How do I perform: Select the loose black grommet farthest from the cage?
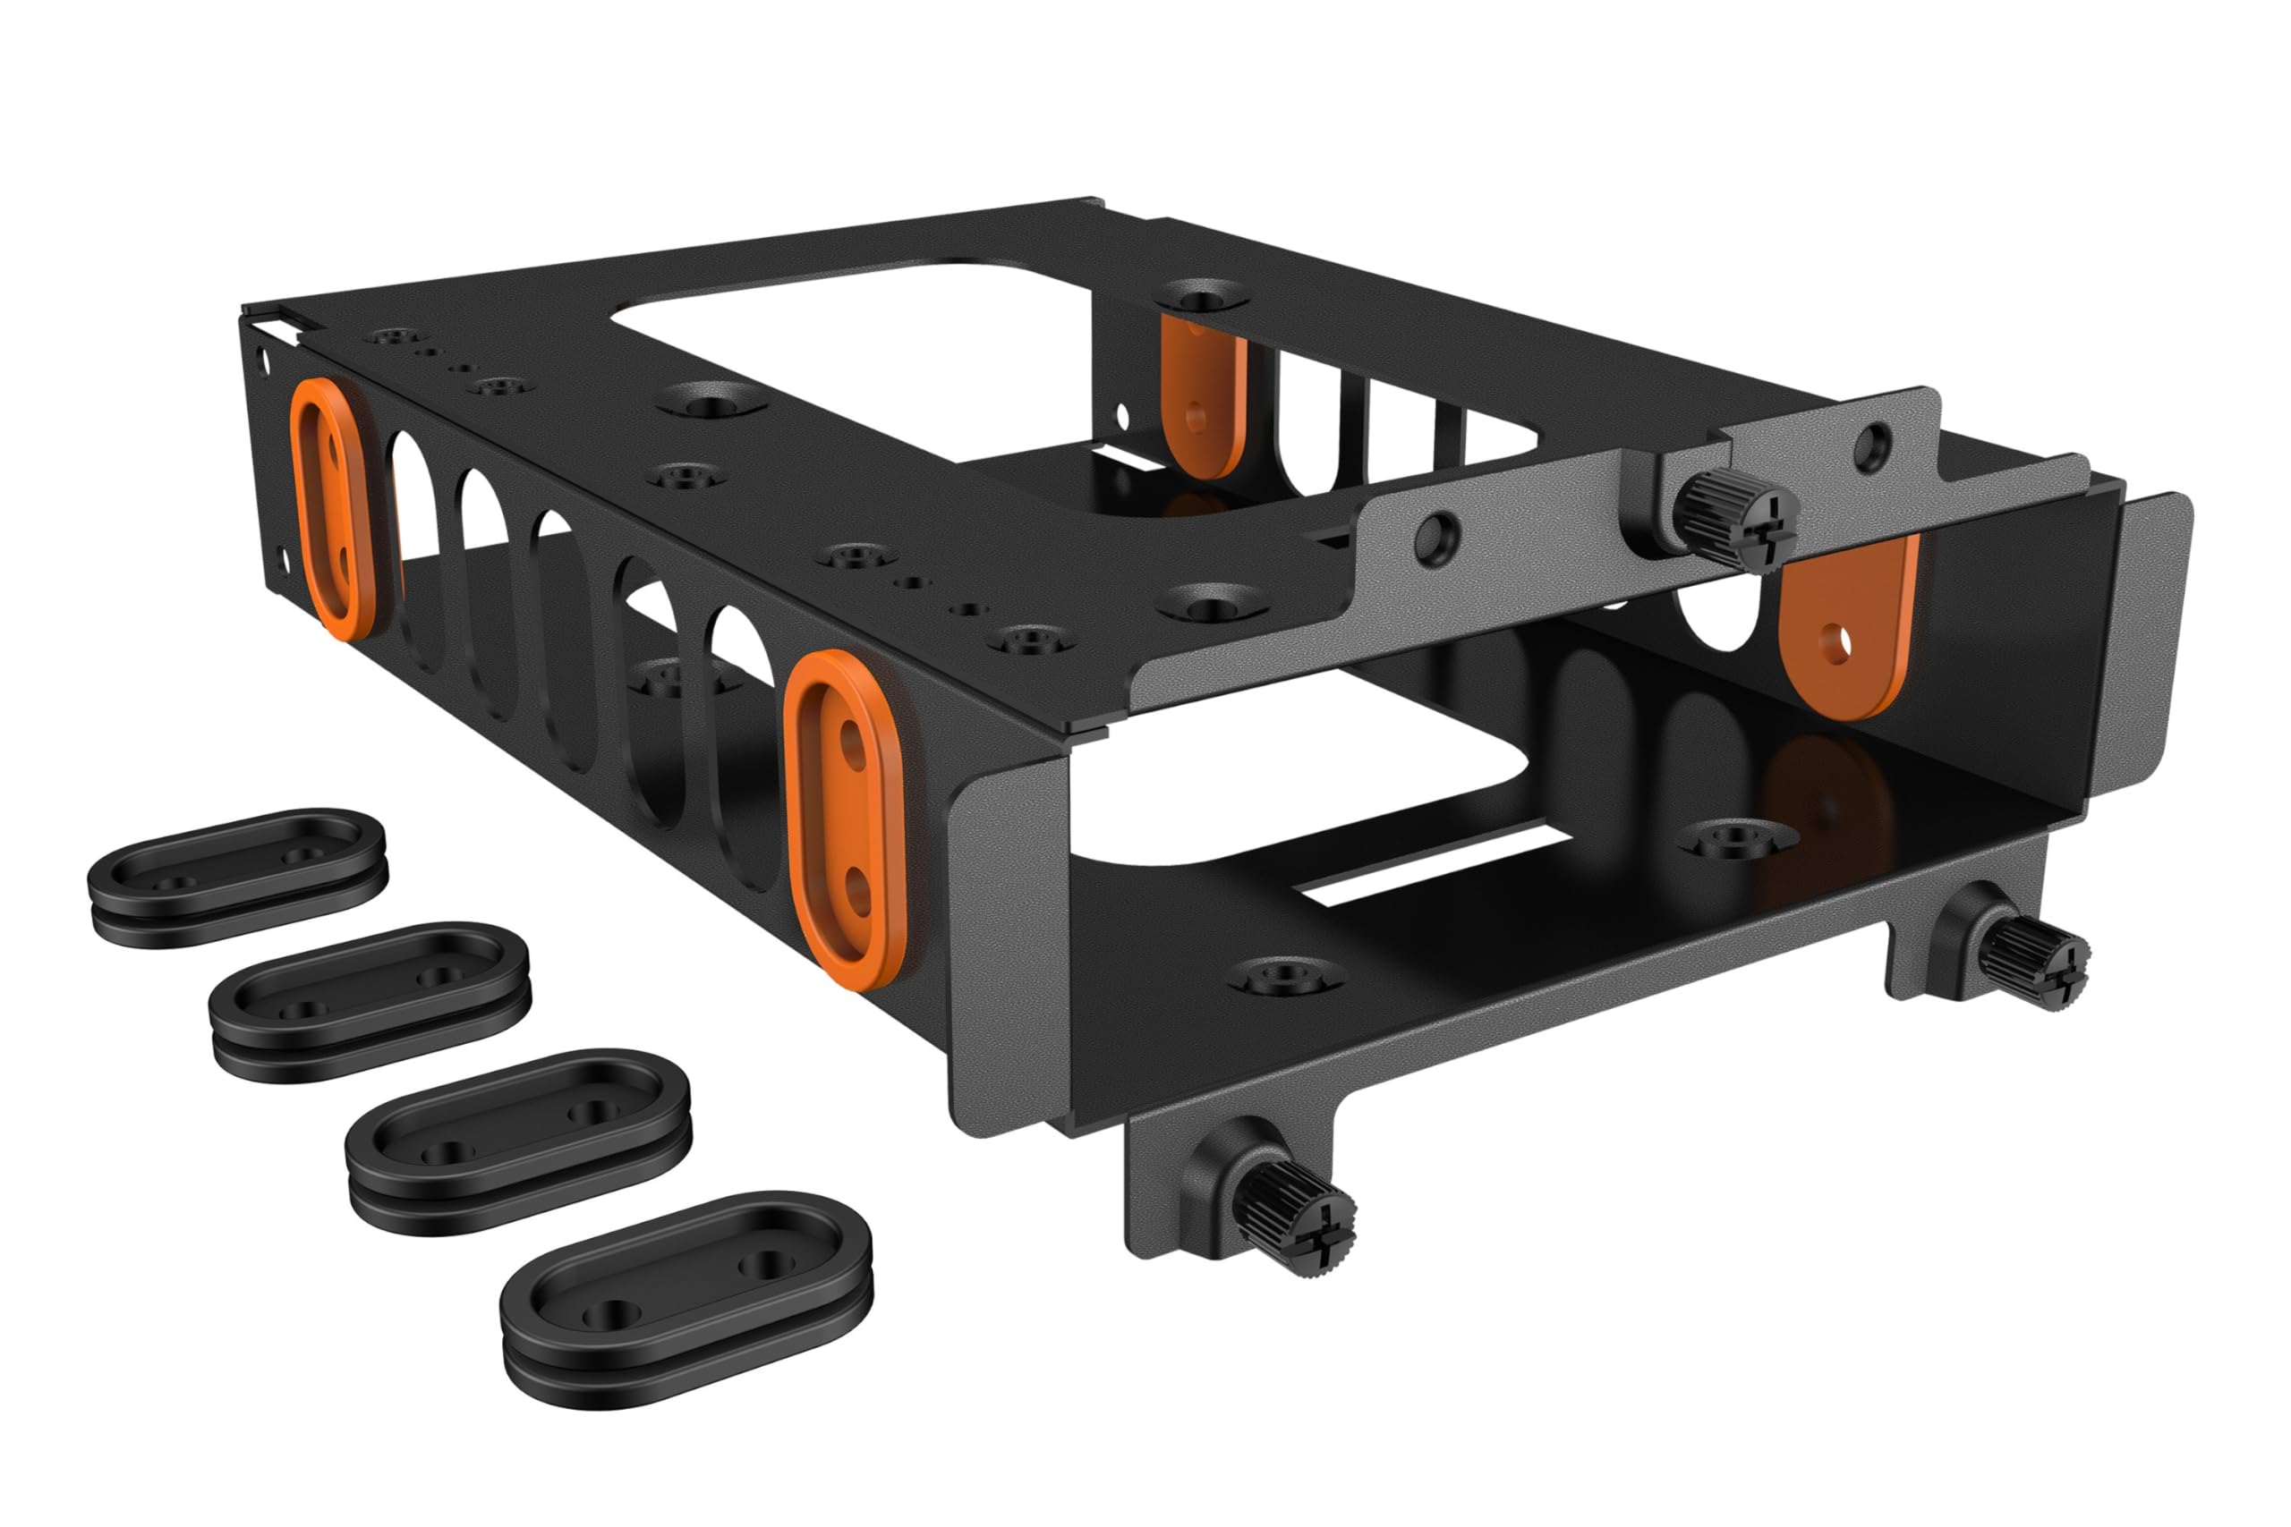coord(236,875)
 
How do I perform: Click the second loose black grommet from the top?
coord(371,999)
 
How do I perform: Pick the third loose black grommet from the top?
coord(519,1139)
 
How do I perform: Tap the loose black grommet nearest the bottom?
coord(686,1295)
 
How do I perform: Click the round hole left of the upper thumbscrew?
coord(1435,536)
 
